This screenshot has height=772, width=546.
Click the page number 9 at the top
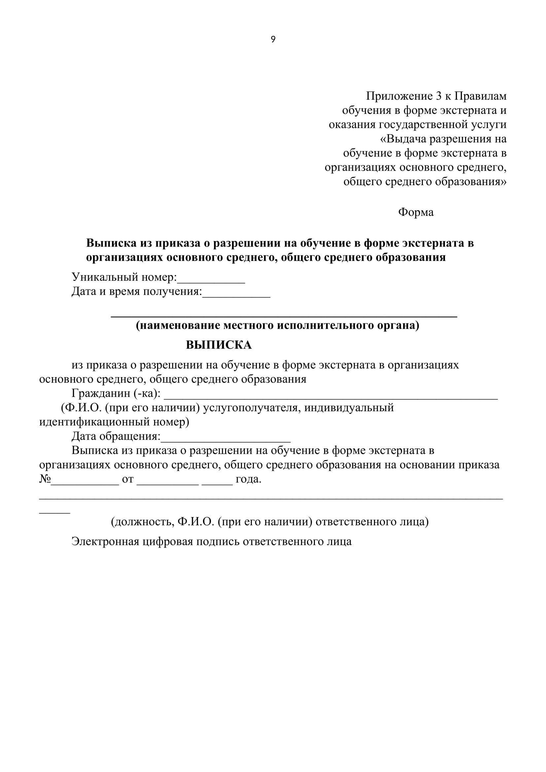[273, 40]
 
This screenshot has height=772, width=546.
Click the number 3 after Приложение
[438, 96]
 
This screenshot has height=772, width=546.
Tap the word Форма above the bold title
[416, 213]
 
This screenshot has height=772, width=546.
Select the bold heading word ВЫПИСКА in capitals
[219, 345]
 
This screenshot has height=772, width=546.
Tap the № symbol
[45, 479]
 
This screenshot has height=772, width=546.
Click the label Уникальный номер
[124, 277]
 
